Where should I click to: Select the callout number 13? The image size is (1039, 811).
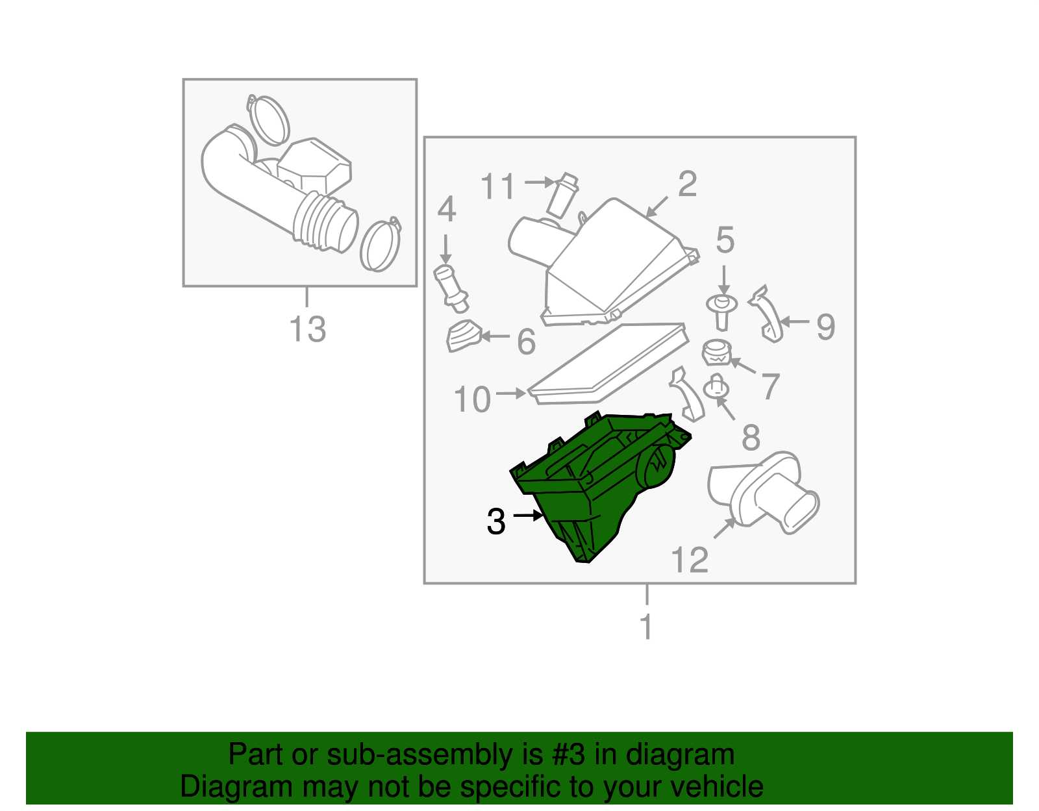[x=307, y=329]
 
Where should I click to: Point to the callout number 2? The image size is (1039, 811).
[x=688, y=184]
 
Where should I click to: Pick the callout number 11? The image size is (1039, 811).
[x=497, y=186]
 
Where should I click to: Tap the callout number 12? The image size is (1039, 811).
[x=690, y=560]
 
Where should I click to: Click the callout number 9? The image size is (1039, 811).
[x=826, y=327]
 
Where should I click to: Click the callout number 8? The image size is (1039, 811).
[x=751, y=437]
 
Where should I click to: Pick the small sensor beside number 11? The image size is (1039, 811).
[x=562, y=195]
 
